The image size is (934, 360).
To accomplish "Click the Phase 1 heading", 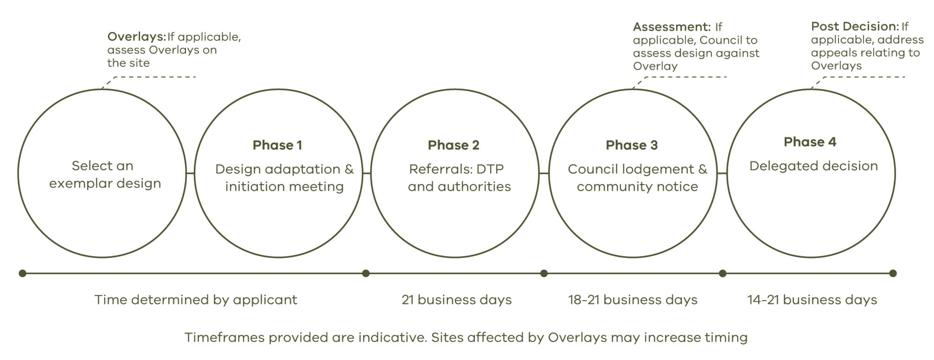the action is point(277,145).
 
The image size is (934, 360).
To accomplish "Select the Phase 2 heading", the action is point(454,145).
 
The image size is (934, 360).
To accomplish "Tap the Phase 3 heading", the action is point(632,145).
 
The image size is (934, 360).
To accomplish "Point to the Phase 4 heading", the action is point(810,142).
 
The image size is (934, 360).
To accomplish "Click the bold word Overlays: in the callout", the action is point(137,37).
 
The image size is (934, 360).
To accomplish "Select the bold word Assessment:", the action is point(672,27).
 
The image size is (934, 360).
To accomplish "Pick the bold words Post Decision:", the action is point(855,26).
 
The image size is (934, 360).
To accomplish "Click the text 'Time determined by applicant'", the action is point(196,300).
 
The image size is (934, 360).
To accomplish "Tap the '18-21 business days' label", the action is point(633,300).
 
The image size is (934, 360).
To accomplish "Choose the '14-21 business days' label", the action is point(812,300).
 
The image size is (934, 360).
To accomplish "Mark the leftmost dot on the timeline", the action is point(22,273).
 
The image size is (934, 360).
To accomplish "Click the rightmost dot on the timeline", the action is point(893,273).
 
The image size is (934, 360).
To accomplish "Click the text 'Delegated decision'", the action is point(814,166).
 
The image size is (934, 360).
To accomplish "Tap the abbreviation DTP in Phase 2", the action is point(490,169).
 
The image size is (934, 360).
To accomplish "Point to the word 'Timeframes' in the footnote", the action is point(224,337).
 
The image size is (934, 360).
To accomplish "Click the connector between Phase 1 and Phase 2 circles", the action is point(367,173).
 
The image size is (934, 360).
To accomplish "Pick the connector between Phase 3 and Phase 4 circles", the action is point(722,173).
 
